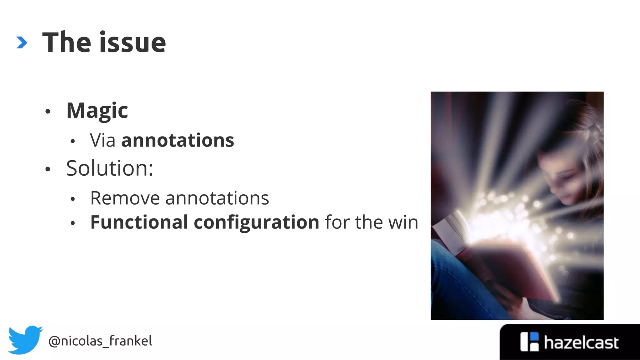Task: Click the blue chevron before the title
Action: click(22, 42)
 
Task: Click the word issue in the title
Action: click(132, 42)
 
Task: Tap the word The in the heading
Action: click(67, 42)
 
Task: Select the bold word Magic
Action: click(97, 111)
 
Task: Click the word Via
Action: click(102, 140)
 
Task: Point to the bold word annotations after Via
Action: click(177, 140)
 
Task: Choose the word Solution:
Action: click(110, 168)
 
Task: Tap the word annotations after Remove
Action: click(217, 198)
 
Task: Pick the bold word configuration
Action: click(256, 223)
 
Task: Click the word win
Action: click(403, 222)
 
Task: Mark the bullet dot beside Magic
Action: click(48, 112)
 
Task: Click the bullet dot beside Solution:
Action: click(48, 169)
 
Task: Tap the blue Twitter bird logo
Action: click(25, 340)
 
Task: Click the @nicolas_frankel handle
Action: click(100, 341)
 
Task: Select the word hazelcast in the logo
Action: click(581, 343)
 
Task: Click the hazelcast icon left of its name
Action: click(529, 342)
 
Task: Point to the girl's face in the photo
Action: click(562, 175)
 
